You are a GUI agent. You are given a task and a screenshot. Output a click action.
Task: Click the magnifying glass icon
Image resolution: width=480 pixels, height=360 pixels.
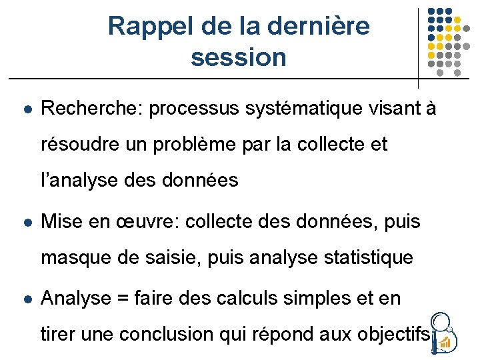(445, 333)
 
